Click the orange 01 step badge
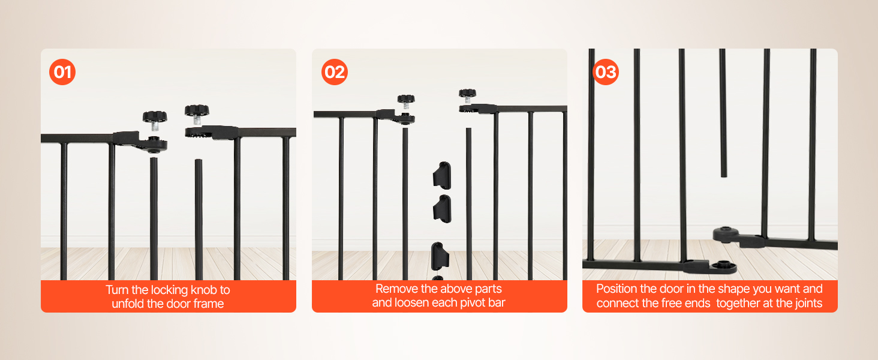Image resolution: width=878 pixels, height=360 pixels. [x=62, y=72]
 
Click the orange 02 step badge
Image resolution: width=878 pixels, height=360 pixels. [x=334, y=72]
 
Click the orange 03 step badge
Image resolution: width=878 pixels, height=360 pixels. [x=606, y=72]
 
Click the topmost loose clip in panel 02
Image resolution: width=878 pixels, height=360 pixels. [x=442, y=175]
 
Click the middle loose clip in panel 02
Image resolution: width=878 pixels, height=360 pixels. [x=442, y=209]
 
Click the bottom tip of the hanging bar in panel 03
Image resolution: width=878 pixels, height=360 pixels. [x=723, y=176]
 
